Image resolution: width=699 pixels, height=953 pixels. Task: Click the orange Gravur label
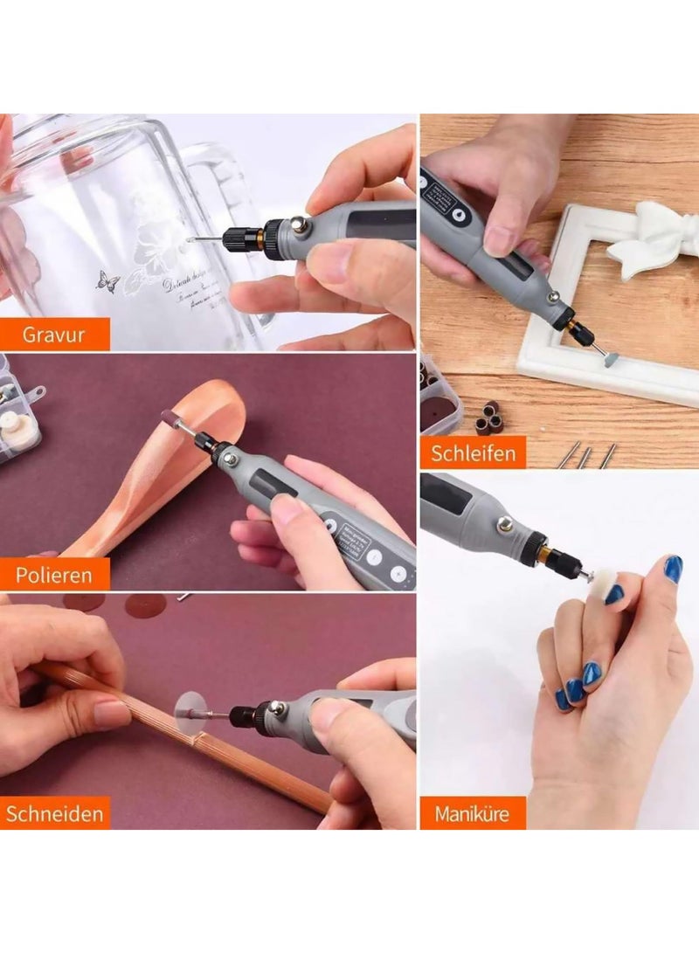[54, 335]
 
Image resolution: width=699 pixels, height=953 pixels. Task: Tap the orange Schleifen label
[473, 452]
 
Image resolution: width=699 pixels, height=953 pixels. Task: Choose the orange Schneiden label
[55, 812]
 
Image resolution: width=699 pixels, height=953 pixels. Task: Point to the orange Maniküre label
[473, 812]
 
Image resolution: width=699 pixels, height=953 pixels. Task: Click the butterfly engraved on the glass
[108, 281]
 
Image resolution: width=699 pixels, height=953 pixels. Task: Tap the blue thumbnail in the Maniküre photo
[672, 570]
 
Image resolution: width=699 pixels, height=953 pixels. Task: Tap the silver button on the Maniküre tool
[504, 525]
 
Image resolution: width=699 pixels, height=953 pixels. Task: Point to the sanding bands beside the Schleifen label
[488, 417]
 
